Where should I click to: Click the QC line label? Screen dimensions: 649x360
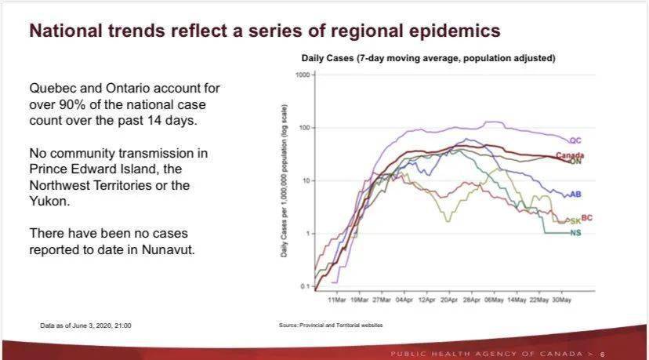coord(575,140)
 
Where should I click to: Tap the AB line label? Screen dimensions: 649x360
coord(575,194)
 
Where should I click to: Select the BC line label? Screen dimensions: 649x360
coord(586,217)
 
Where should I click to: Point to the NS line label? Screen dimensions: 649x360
coord(575,233)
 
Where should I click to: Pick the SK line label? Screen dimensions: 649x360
coord(575,221)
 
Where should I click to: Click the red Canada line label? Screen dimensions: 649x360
coord(570,155)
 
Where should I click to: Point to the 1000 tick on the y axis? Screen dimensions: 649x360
coord(303,75)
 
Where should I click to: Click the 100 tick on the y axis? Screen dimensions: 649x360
coord(304,128)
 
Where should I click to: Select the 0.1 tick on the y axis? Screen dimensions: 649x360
coord(305,286)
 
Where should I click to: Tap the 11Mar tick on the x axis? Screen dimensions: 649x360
coord(336,300)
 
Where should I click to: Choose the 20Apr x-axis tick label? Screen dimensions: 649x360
coord(449,300)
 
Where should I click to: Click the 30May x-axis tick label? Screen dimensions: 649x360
coord(562,300)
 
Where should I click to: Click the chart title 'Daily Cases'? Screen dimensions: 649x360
coord(328,58)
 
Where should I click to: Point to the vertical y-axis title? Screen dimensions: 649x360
coord(284,181)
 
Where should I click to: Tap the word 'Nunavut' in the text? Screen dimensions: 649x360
coord(168,250)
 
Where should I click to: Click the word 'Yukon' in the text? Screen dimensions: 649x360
coord(49,202)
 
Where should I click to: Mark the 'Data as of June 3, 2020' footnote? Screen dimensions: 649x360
coord(85,325)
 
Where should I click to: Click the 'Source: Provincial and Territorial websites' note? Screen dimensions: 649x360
coord(331,325)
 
